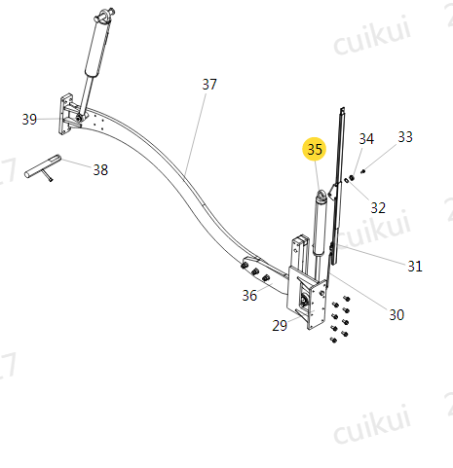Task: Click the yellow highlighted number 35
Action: [x=314, y=149]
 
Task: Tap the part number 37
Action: [x=209, y=85]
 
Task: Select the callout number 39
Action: [x=29, y=120]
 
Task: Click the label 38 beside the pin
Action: [x=100, y=170]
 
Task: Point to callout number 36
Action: [x=249, y=296]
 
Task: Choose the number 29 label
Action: [x=280, y=325]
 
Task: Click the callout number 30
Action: [x=396, y=315]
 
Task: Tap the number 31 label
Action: [x=415, y=267]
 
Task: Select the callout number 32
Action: [x=378, y=208]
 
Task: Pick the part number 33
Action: [x=405, y=137]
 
